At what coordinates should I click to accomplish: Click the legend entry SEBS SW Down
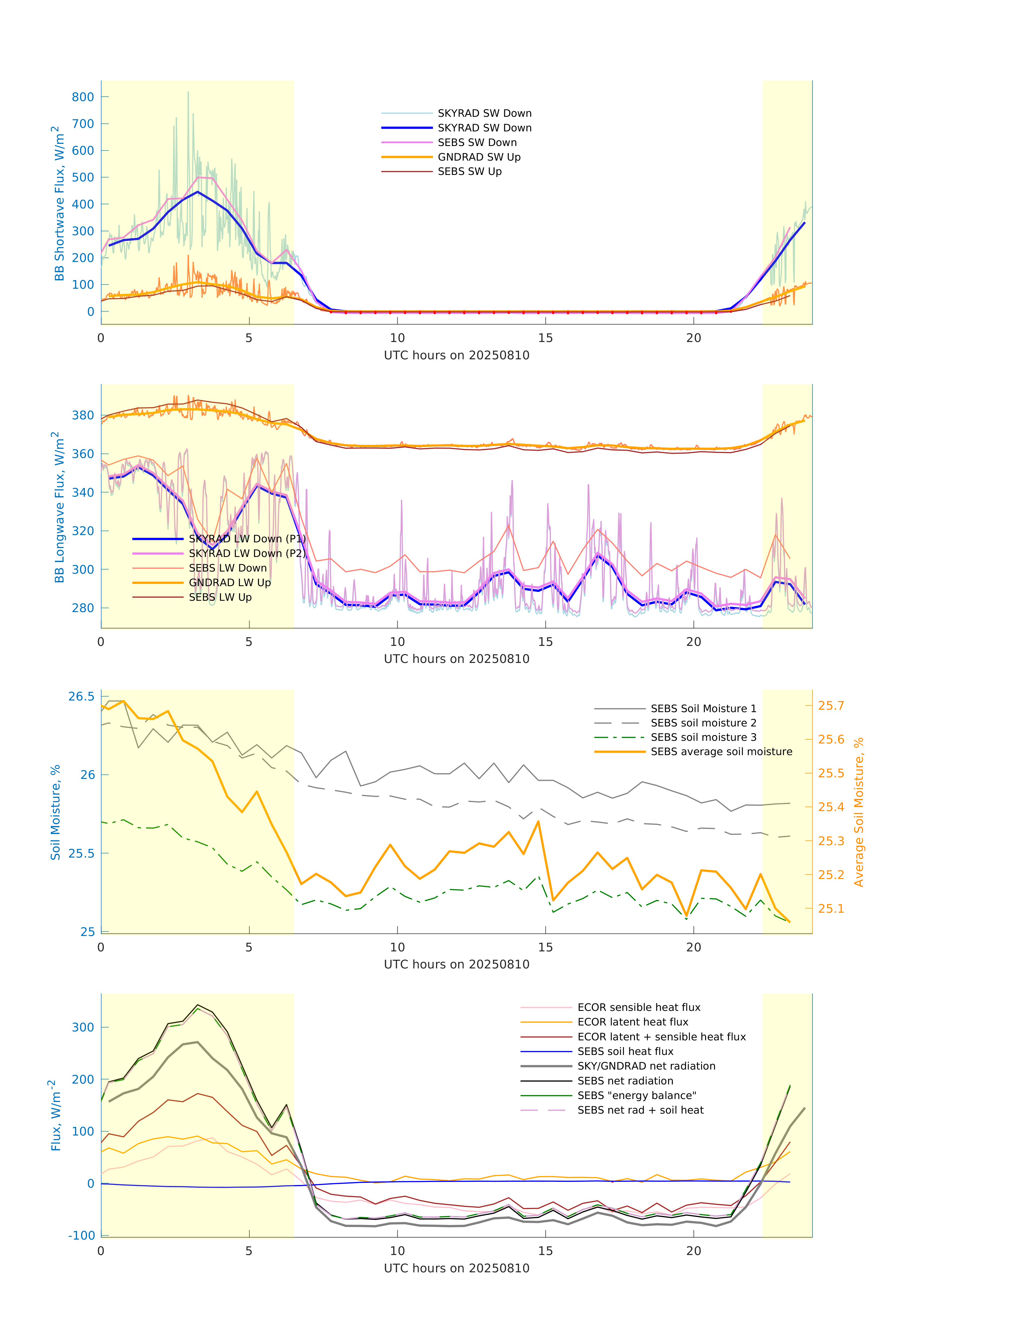(477, 142)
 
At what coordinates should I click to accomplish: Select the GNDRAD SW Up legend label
(479, 157)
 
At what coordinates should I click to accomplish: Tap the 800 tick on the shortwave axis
(83, 97)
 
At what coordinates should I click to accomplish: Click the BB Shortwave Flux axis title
(59, 203)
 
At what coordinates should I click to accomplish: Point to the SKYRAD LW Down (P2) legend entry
(246, 553)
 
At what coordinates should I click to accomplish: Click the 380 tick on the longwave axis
(83, 415)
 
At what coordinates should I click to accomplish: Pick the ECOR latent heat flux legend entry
(633, 1022)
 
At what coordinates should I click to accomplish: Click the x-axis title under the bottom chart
(457, 1268)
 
